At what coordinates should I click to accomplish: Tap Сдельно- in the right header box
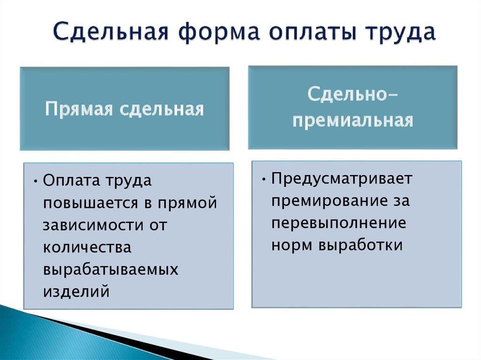pos(353,94)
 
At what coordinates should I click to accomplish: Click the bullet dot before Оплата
pos(36,182)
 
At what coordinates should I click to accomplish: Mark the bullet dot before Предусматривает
pos(264,179)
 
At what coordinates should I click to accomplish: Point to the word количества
pos(87,247)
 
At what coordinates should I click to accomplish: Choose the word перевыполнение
pos(339,223)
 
